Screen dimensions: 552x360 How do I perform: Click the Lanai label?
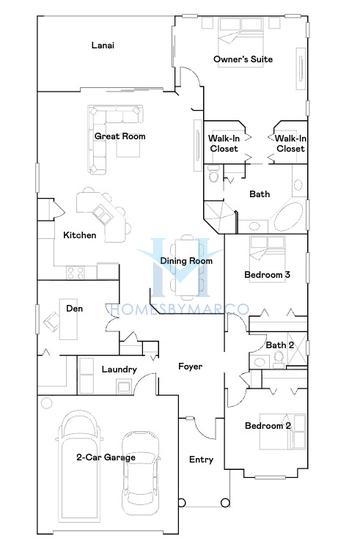(x=101, y=46)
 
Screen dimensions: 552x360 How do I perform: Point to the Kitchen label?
(x=79, y=235)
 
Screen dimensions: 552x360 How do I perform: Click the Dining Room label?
(x=187, y=261)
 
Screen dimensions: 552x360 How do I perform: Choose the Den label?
(x=74, y=309)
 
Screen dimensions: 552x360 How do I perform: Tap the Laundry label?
(x=119, y=370)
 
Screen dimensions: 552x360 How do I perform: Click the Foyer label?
(x=190, y=366)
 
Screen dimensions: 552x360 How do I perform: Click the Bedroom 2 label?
(x=267, y=426)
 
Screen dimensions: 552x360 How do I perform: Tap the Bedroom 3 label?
(x=267, y=274)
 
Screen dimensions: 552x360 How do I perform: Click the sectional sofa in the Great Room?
(x=117, y=128)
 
